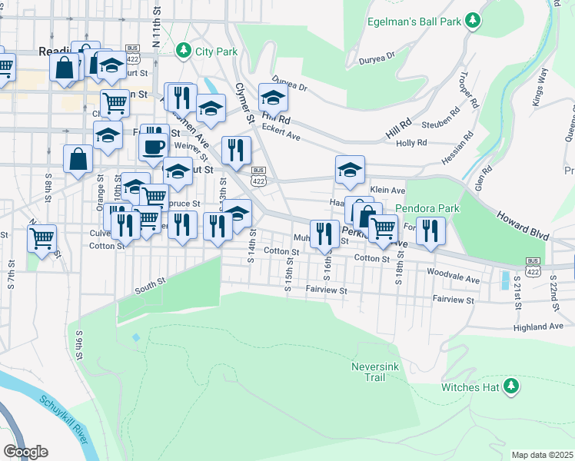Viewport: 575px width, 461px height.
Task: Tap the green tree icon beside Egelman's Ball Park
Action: coord(475,21)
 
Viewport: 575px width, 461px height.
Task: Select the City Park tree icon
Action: coord(183,51)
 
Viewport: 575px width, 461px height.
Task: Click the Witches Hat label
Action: coord(470,387)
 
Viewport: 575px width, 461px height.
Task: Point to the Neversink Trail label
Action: coord(373,372)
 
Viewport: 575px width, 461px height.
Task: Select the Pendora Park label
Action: coord(427,208)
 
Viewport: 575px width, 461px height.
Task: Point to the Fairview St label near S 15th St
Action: coord(326,290)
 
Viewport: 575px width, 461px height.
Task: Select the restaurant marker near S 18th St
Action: coord(431,230)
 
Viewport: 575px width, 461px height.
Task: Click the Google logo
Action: coord(25,452)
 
